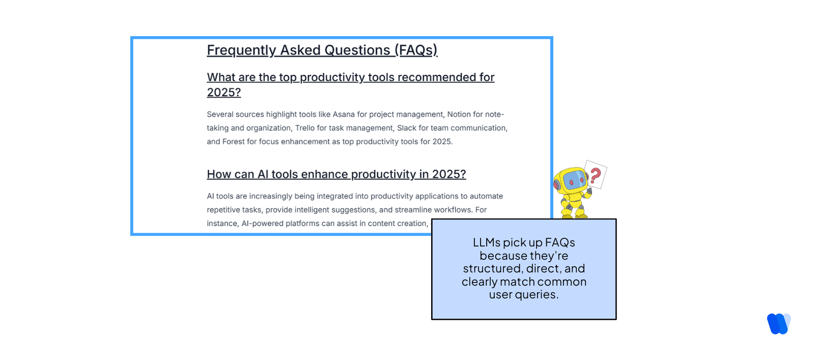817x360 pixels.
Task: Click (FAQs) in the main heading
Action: point(416,50)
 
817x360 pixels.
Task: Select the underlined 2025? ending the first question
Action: point(223,93)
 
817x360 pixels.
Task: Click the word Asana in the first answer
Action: point(344,115)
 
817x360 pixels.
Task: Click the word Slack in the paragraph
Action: point(406,128)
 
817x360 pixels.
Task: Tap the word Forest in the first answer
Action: point(233,142)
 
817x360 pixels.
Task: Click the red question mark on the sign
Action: point(595,176)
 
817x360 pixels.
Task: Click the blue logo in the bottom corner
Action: point(778,324)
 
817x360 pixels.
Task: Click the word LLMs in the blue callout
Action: point(486,243)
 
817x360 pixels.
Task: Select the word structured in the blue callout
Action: point(492,269)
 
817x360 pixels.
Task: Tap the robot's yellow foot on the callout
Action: point(568,216)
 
